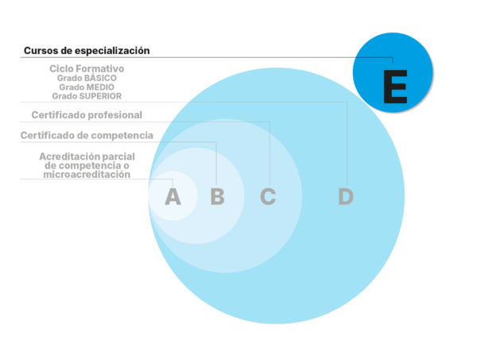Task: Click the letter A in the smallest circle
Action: point(173,195)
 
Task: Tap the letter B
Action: point(217,195)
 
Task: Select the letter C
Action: point(268,195)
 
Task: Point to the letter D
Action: point(345,195)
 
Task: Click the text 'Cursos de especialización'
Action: point(87,50)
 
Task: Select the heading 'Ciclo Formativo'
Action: point(87,69)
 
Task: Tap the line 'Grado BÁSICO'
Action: point(87,78)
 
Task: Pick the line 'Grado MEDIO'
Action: point(87,87)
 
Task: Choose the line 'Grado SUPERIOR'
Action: point(87,95)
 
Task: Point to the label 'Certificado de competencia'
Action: point(87,135)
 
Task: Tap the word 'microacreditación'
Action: point(87,174)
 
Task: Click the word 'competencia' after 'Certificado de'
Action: point(121,135)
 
